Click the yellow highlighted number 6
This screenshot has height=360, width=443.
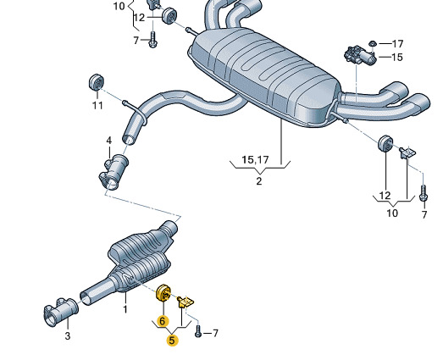tap(162, 321)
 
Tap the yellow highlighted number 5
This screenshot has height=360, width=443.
tap(172, 341)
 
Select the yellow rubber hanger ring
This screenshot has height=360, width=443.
tap(163, 294)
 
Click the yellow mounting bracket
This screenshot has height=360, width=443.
tap(186, 302)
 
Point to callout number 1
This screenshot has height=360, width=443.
tap(125, 308)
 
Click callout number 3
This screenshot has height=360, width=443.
tap(67, 336)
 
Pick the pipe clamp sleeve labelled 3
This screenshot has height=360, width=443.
tap(60, 313)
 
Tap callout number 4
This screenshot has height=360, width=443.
tap(109, 141)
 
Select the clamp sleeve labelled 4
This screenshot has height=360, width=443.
tap(114, 172)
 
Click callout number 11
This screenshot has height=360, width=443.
tap(97, 105)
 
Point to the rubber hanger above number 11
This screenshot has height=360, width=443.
tap(97, 82)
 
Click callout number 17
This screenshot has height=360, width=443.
tap(397, 44)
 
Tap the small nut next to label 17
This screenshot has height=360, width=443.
tap(373, 43)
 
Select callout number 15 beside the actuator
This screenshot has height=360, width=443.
tap(397, 58)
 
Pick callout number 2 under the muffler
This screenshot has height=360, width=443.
tap(259, 181)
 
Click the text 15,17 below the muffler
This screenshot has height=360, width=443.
tap(255, 160)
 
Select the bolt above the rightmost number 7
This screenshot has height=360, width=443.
tap(424, 193)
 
